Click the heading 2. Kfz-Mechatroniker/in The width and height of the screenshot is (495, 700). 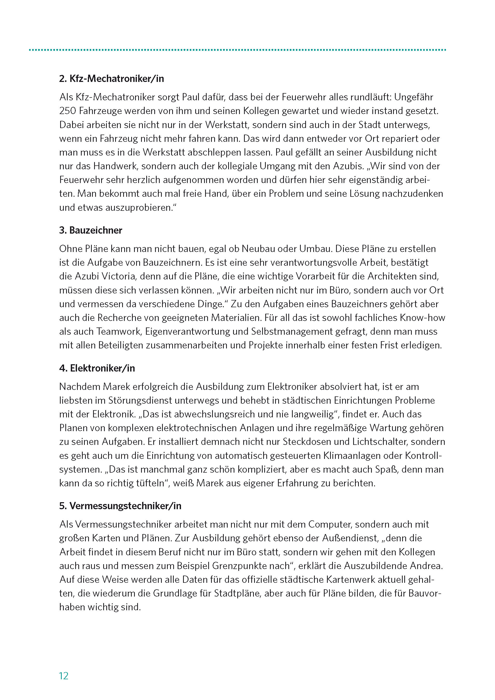111,79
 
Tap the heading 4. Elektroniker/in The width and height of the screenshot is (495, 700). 97,368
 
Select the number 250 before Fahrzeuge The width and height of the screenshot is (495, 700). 68,111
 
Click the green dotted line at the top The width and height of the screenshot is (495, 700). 237,50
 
